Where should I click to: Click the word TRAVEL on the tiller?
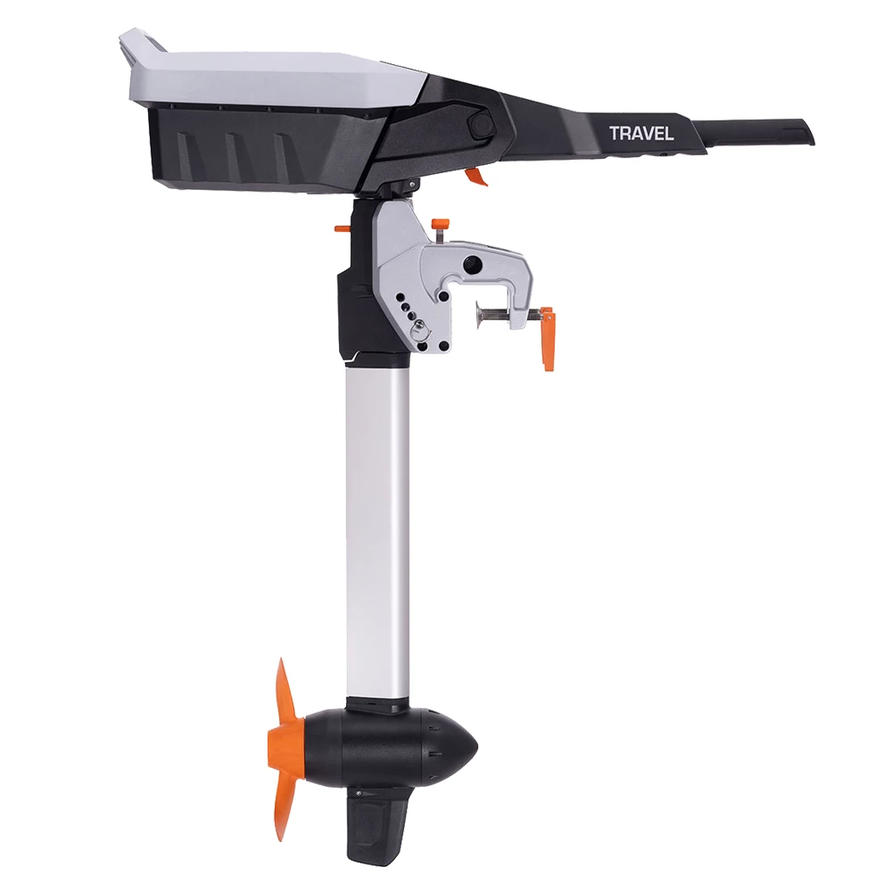click(641, 134)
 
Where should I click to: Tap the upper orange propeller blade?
click(284, 696)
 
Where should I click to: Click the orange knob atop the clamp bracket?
click(438, 224)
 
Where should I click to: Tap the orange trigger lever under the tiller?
click(477, 176)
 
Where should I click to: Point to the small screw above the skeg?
click(359, 792)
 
